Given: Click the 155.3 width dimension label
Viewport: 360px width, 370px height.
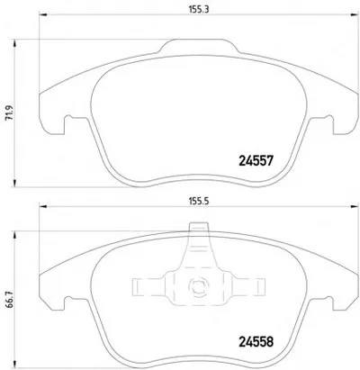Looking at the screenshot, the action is [x=199, y=9].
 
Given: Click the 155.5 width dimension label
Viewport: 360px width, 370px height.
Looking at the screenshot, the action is [x=199, y=202].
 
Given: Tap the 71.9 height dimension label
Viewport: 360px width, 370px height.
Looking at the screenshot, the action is [x=9, y=113].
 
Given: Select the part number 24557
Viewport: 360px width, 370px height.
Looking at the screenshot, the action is [x=256, y=161].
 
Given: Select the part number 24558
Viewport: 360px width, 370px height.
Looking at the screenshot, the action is [x=256, y=341].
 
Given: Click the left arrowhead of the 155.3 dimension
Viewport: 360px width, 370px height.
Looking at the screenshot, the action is [x=43, y=14].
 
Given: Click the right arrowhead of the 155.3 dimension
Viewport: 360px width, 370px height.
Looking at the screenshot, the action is [x=355, y=14].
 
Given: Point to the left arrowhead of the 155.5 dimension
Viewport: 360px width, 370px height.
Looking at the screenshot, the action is [x=43, y=206].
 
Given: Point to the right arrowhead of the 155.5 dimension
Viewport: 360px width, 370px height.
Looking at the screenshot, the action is [x=355, y=206].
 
